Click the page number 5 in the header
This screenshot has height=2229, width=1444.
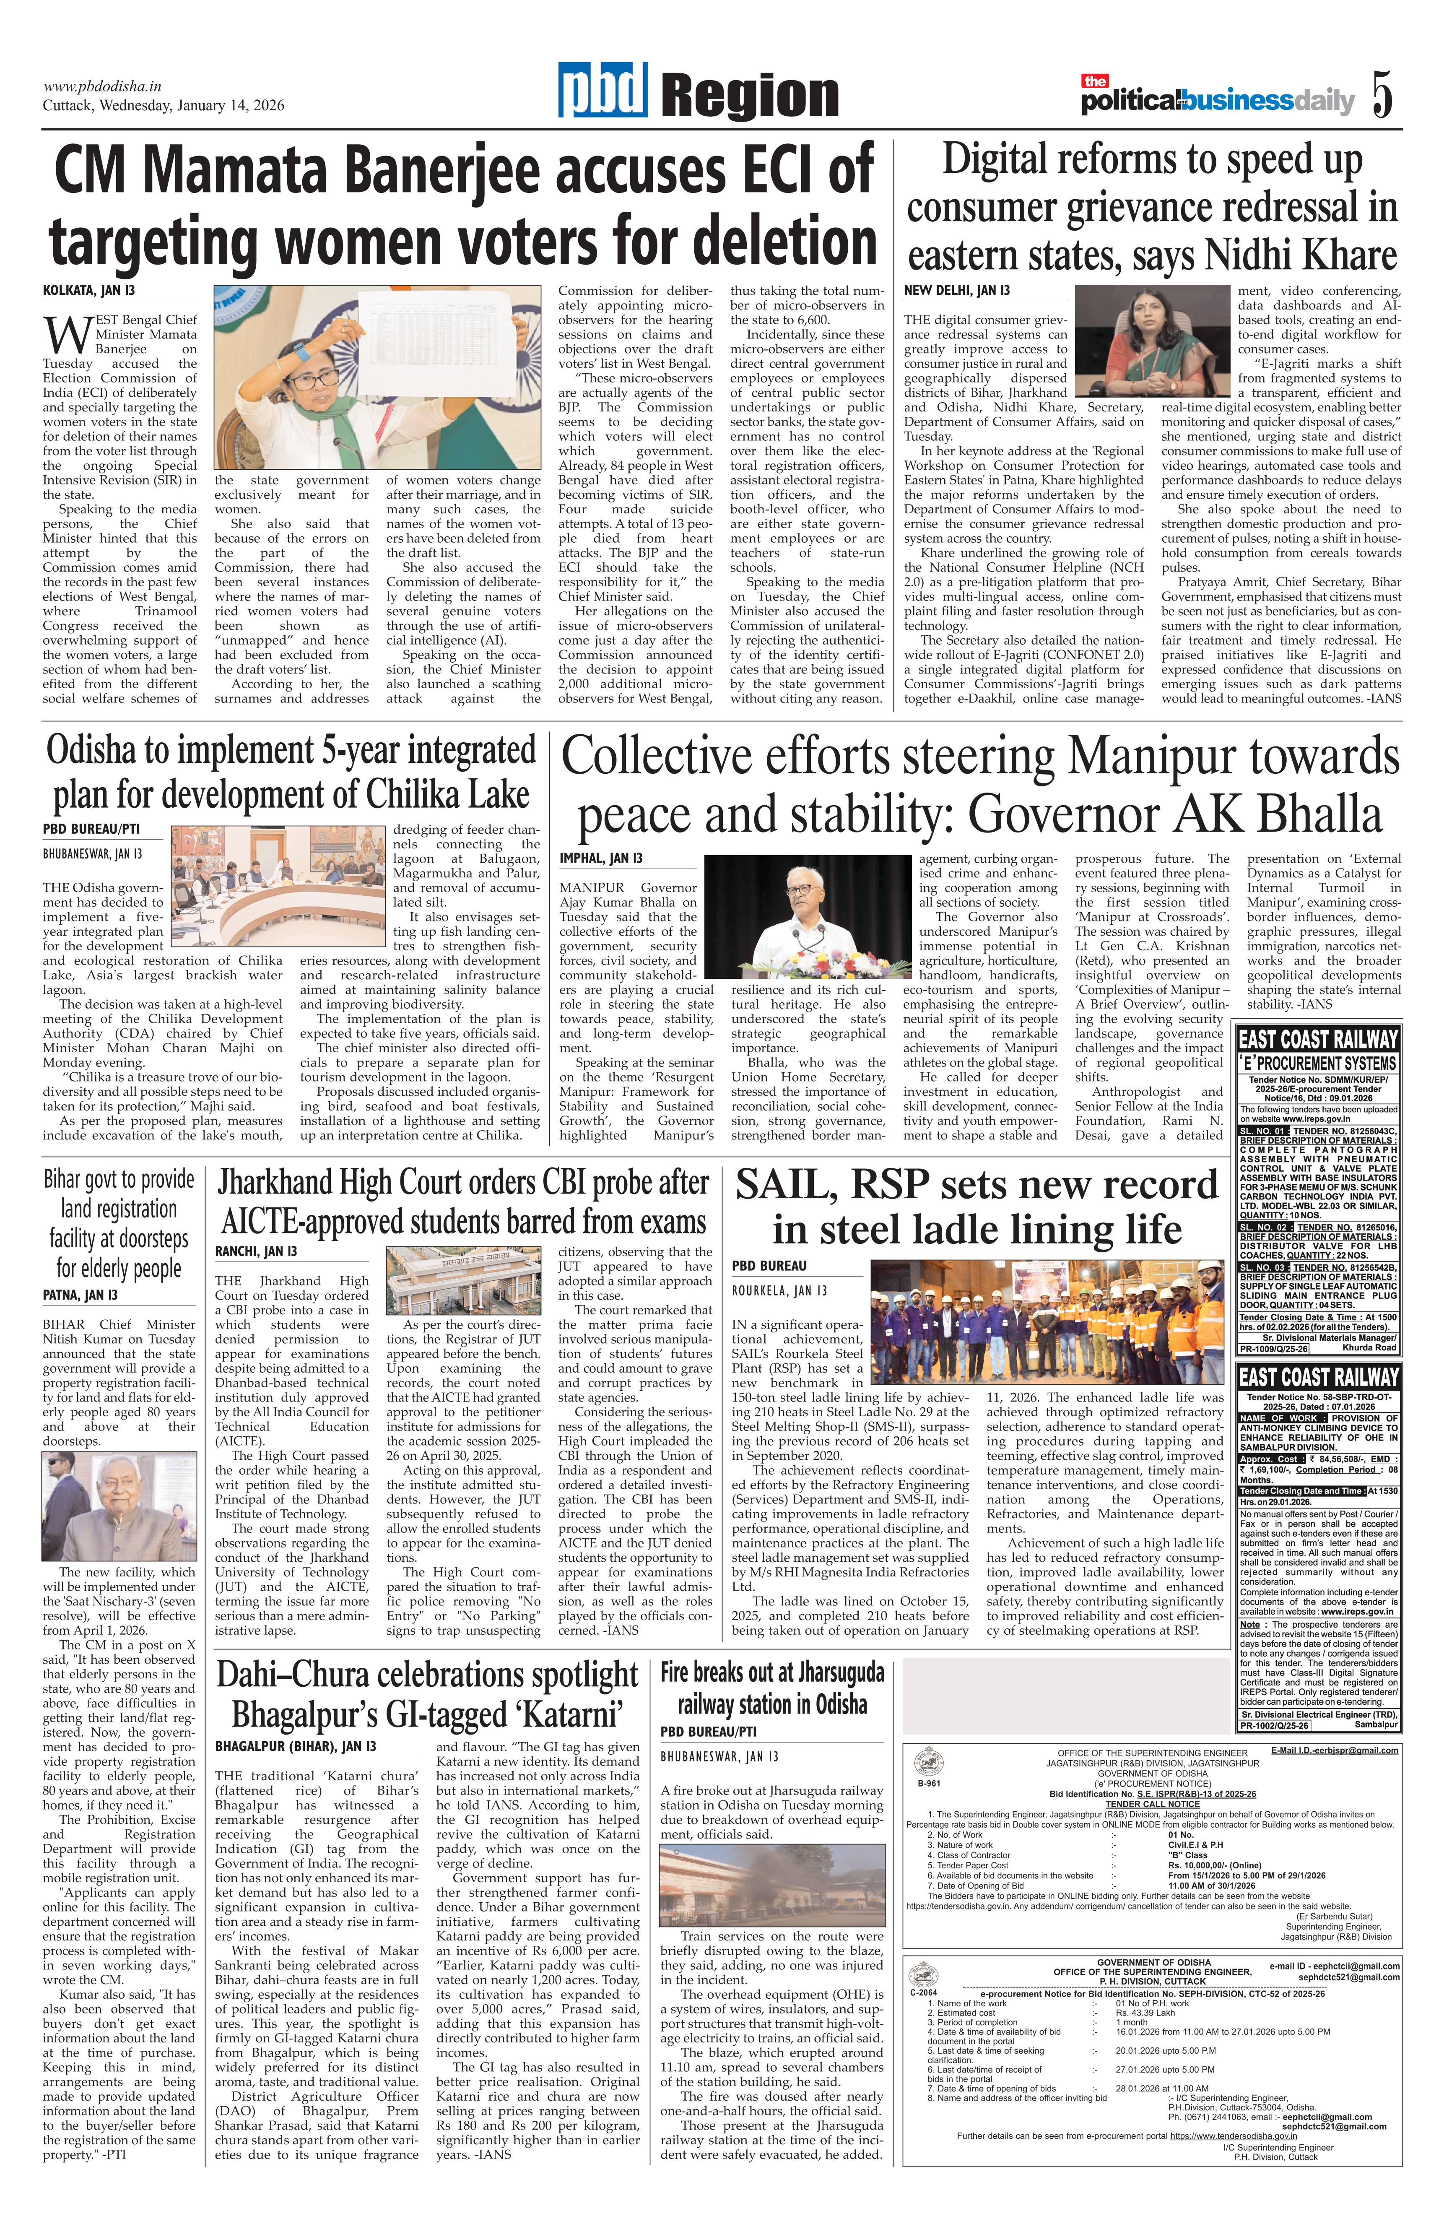pyautogui.click(x=1382, y=95)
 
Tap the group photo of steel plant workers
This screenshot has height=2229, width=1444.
pyautogui.click(x=1046, y=1321)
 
